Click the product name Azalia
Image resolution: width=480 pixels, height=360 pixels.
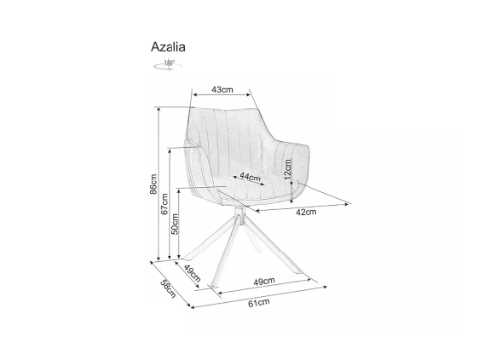click(x=169, y=44)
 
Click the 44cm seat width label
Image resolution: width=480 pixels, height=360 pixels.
click(x=249, y=178)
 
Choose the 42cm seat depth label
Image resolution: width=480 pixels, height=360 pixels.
click(x=306, y=211)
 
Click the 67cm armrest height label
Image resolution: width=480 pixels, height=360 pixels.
click(x=166, y=209)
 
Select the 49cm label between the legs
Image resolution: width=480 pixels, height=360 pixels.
click(x=262, y=281)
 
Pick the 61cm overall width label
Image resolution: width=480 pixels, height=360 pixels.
click(x=257, y=303)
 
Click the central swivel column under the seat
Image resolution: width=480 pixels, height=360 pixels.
click(x=239, y=220)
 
